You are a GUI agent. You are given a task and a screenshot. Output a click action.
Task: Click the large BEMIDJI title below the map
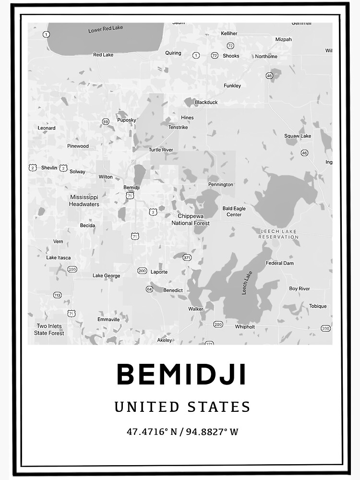click(x=182, y=374)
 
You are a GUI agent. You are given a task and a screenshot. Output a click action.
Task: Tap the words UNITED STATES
click(x=182, y=407)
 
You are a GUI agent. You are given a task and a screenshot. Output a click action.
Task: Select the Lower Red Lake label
click(x=106, y=29)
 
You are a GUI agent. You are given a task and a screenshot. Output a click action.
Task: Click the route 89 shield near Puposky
click(x=106, y=122)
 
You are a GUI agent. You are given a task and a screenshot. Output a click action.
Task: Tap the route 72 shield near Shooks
click(x=230, y=46)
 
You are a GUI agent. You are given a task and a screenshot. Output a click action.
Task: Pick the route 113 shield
click(x=58, y=295)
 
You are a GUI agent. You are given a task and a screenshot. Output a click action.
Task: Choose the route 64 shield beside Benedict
click(x=149, y=289)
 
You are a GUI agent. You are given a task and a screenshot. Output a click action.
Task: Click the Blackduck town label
click(x=206, y=102)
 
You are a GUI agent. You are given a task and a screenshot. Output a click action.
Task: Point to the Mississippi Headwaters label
click(x=84, y=201)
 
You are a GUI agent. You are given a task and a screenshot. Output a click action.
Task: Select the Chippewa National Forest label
click(x=191, y=220)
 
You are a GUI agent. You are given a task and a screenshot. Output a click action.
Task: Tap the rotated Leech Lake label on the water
click(x=247, y=283)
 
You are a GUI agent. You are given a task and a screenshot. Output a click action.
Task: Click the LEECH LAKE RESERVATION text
click(x=278, y=234)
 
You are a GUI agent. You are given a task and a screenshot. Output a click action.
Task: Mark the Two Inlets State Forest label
click(x=49, y=329)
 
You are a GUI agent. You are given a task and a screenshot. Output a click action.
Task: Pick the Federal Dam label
click(x=280, y=263)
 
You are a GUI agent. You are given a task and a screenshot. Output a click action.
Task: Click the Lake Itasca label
click(x=58, y=258)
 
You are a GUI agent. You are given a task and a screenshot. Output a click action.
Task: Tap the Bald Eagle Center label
click(x=234, y=211)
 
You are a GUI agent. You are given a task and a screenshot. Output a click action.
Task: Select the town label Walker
click(x=196, y=309)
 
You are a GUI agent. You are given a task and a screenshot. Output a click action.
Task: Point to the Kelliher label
click(x=229, y=34)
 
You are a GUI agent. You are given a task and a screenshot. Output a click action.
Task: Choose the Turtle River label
click(x=161, y=150)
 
